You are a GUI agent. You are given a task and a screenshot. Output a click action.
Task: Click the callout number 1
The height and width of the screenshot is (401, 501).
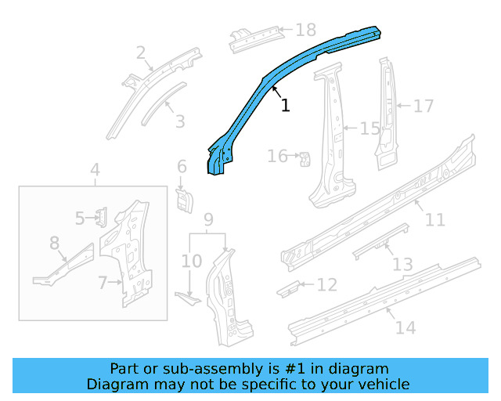coord(286,105)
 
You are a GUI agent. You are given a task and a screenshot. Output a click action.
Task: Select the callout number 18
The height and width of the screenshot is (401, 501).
coord(305,31)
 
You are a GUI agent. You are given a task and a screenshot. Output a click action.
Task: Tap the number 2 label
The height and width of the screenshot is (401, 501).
coord(141,53)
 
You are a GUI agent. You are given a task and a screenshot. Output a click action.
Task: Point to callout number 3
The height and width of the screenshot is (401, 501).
coord(180,121)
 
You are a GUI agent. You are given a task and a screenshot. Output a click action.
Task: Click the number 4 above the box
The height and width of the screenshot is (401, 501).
coord(95,169)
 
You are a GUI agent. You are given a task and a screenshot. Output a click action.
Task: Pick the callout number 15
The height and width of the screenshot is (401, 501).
coord(369,128)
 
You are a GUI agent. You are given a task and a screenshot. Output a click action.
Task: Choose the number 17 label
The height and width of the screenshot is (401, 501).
coord(423,106)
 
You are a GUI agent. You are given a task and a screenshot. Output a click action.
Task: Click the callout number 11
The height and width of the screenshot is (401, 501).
coord(434,220)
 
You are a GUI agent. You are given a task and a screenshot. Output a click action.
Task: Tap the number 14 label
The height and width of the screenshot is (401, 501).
coord(405,327)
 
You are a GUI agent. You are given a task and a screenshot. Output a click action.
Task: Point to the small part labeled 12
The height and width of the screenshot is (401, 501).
coord(287,287)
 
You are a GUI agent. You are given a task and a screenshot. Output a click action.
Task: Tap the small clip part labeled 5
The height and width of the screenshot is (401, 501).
coord(101,217)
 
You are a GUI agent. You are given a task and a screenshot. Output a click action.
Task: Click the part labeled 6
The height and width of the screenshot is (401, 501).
coord(183,199)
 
